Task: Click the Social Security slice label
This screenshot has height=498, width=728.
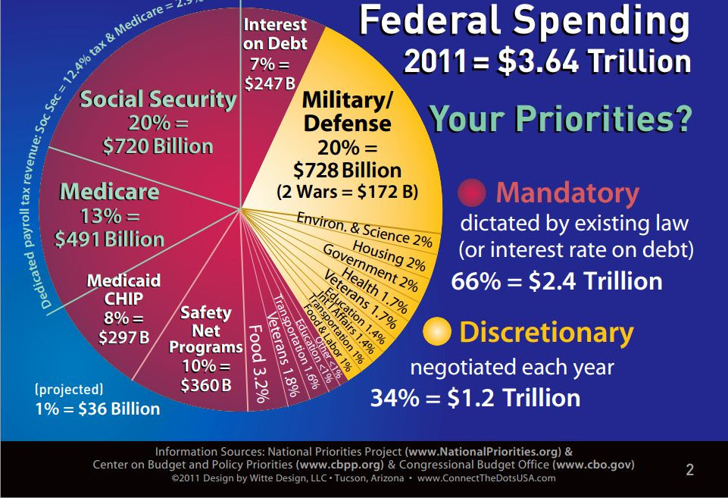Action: (x=158, y=99)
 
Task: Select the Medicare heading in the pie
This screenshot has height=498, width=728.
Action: (x=109, y=192)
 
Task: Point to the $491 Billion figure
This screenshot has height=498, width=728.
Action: (x=109, y=239)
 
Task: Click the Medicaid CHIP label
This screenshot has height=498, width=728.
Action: (x=123, y=289)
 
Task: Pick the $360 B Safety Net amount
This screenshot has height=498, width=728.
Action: (x=205, y=385)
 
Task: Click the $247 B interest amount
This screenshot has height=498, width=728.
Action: (x=270, y=83)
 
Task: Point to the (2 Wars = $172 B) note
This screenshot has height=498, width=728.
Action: (x=348, y=191)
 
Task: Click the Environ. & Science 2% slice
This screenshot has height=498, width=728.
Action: (x=364, y=227)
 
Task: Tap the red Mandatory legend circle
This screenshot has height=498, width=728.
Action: (x=472, y=194)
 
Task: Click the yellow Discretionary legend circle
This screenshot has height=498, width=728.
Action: (x=437, y=332)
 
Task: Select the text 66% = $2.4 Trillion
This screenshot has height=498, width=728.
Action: (x=557, y=281)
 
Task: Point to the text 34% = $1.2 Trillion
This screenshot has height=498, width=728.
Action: (x=475, y=397)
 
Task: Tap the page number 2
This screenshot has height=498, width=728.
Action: (x=689, y=470)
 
